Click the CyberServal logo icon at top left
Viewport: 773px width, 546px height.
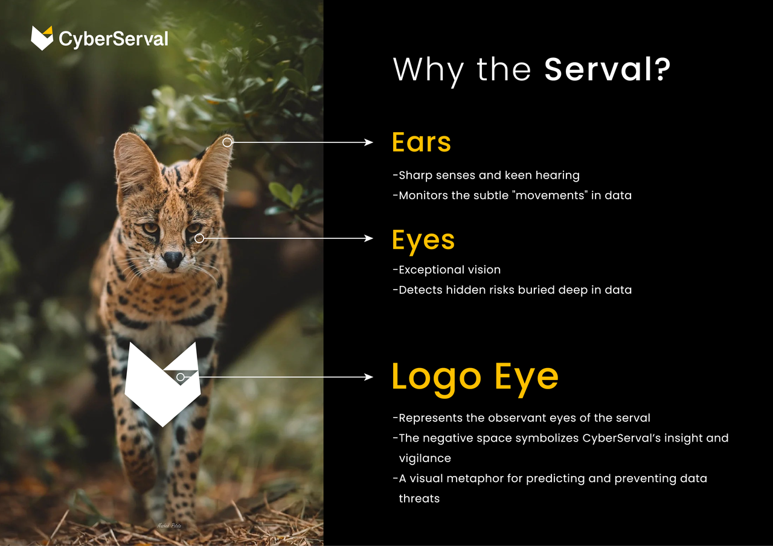(42, 38)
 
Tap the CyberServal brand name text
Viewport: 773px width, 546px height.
(114, 39)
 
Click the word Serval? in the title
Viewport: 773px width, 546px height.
(607, 69)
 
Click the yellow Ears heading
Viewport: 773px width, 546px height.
(422, 142)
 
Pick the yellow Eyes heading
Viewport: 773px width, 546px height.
(423, 241)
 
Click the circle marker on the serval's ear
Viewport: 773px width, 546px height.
(227, 142)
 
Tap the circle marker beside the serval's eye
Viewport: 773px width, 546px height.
(199, 238)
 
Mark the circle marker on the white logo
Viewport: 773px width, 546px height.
(180, 377)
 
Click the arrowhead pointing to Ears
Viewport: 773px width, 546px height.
(368, 142)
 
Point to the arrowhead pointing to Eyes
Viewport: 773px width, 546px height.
(368, 238)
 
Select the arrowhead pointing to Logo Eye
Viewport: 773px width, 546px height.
(368, 377)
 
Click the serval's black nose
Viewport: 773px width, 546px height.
(173, 259)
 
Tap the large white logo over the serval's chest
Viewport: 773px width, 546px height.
(162, 384)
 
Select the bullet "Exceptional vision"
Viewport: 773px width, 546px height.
(447, 270)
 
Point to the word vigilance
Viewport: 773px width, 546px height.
(425, 459)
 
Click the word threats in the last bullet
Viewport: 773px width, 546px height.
(419, 498)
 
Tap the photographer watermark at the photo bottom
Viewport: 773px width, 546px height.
(169, 525)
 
